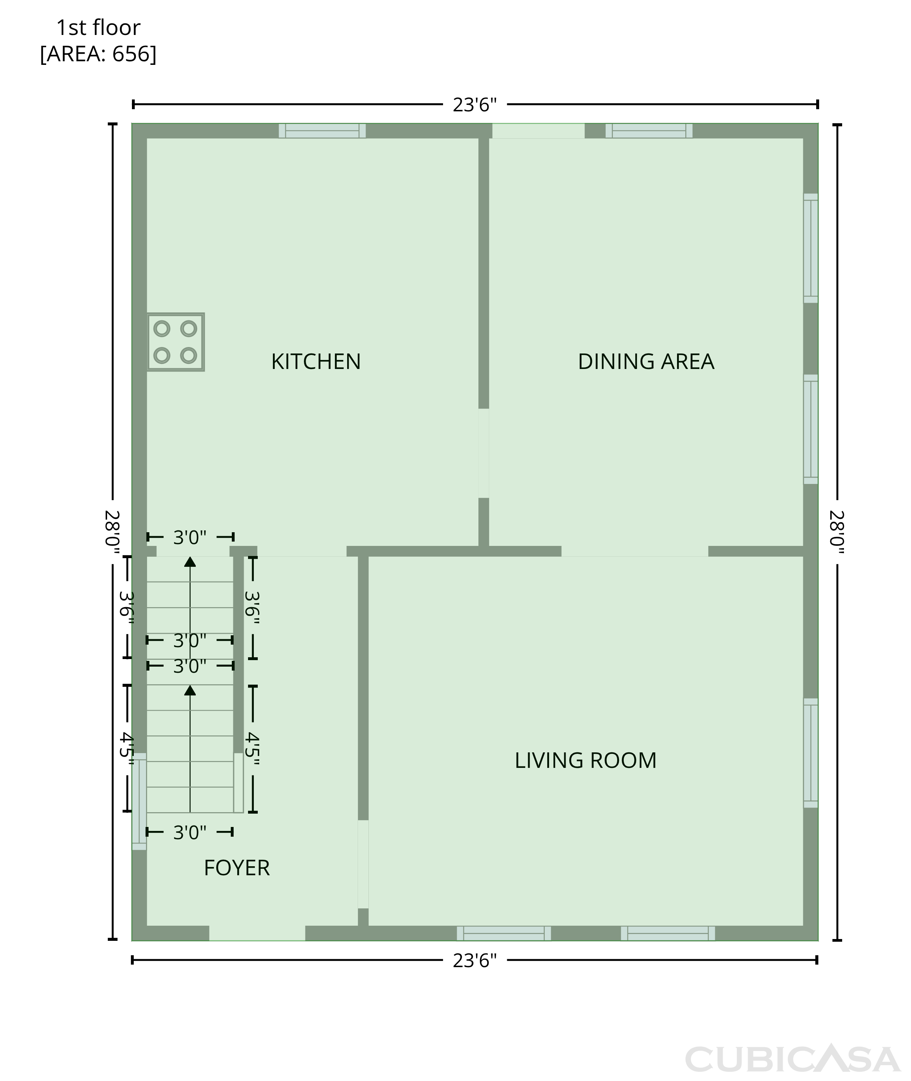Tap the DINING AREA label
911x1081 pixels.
tap(646, 362)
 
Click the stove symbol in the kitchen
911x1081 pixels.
tap(176, 342)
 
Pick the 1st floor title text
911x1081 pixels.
tap(98, 28)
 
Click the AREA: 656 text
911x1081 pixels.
tap(98, 54)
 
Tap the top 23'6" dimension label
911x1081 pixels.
tap(475, 105)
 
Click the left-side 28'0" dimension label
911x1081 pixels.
tap(112, 532)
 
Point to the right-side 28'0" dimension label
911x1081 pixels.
tap(837, 532)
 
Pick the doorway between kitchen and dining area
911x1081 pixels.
tap(483, 453)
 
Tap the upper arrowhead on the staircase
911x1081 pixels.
tap(190, 562)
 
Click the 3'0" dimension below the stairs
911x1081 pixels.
tap(190, 832)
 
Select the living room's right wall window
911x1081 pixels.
tap(811, 753)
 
